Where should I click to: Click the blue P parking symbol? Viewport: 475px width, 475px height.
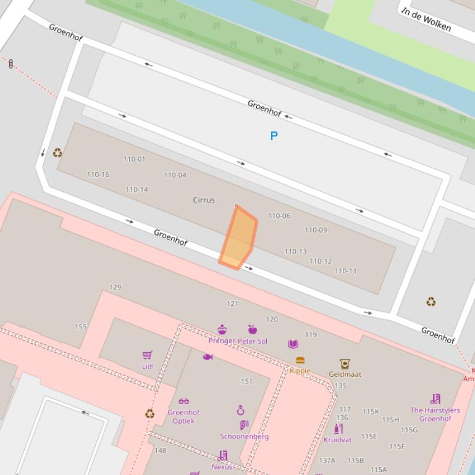coord(274,136)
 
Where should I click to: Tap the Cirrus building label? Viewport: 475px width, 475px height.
coord(204,200)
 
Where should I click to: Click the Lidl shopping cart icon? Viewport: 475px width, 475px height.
coord(147,355)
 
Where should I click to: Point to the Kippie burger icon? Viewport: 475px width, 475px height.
coord(300,360)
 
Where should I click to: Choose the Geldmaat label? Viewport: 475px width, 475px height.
coord(345,374)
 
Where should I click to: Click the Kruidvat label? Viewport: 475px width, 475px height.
coord(337,440)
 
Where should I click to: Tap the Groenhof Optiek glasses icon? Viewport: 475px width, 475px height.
coord(183,401)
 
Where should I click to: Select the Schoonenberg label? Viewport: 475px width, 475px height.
coord(244,437)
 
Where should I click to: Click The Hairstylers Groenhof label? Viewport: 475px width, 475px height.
coord(435,414)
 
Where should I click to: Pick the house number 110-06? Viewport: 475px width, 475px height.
coord(279,216)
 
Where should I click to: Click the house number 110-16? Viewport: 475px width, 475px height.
coord(98,175)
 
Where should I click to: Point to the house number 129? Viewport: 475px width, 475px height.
coord(115,287)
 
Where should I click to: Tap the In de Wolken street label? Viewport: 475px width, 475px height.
coord(426,20)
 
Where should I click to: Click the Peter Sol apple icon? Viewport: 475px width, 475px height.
coord(252,329)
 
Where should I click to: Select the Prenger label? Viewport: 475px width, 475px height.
coord(222,341)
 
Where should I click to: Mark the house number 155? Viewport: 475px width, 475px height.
coord(80,327)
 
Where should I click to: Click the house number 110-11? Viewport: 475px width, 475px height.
coord(345,271)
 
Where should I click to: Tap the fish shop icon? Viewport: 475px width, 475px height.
coord(208,357)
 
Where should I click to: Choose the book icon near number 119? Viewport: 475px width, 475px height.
coord(293,344)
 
